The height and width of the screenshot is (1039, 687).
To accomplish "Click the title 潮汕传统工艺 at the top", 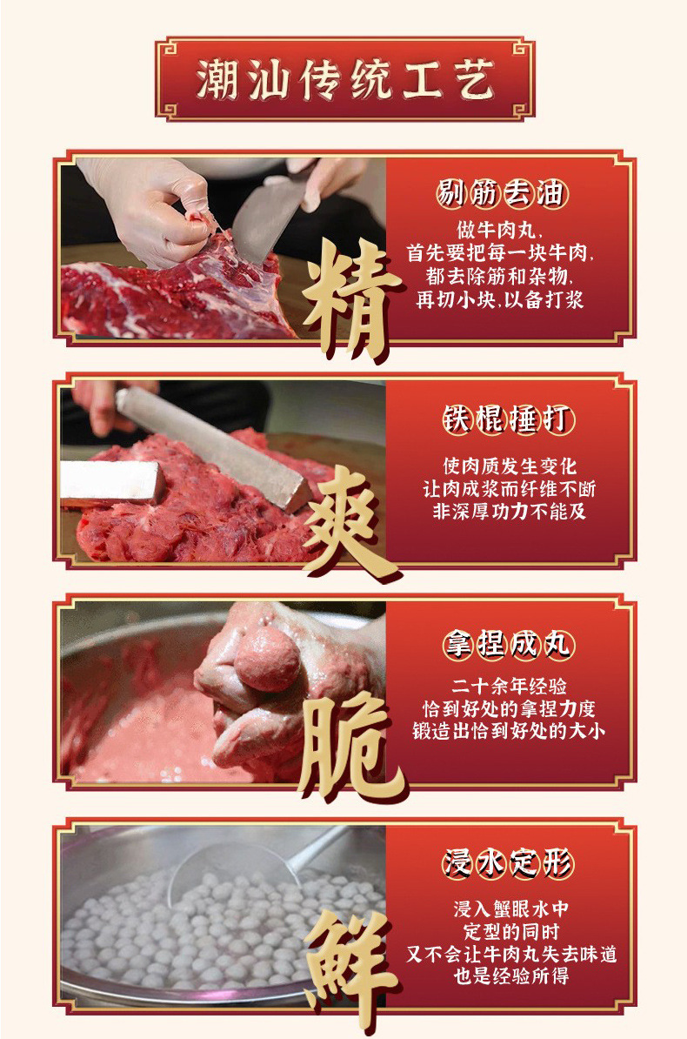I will point(344,79).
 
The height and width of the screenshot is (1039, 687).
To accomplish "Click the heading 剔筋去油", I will point(500,194).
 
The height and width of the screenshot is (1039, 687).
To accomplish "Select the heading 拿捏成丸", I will point(509,645).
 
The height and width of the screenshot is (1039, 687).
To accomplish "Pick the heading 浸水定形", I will point(509,863).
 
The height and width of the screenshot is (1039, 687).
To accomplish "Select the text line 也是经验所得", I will point(511,975).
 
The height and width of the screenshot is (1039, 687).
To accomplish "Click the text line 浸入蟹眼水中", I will point(511,908).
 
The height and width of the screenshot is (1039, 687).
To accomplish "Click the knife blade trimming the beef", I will point(261,218).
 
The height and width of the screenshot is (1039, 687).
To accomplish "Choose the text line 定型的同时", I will point(511,931).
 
